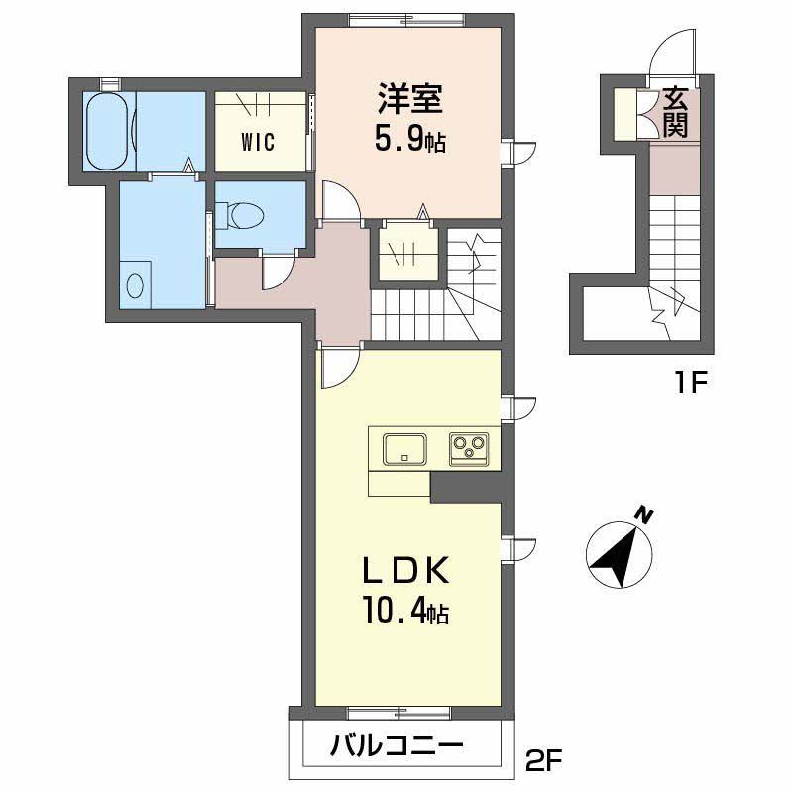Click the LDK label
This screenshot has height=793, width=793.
406,572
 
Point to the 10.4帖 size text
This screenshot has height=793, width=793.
406,614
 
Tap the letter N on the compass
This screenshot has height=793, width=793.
645,514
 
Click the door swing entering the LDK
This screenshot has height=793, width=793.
335,369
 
